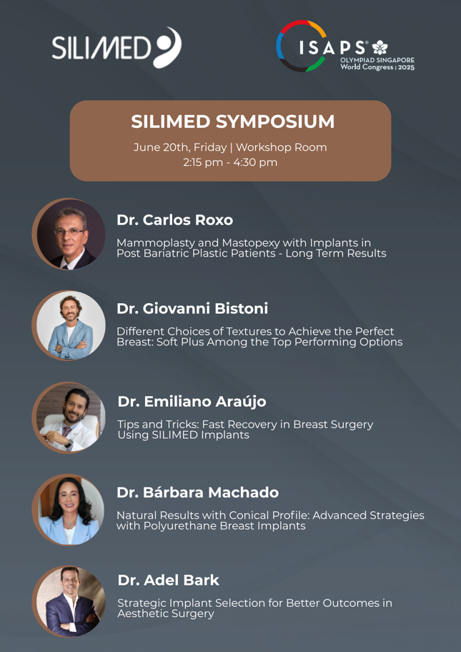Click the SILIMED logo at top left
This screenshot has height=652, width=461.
coord(117,48)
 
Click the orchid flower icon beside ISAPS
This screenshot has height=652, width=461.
coord(380,47)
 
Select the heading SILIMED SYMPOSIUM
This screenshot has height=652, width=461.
coord(233,122)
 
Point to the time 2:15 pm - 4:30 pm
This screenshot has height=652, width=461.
coord(230,162)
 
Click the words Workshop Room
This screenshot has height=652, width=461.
coord(281,147)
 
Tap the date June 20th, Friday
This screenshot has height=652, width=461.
coord(180,147)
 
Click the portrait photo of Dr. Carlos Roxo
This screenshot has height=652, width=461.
coord(69,234)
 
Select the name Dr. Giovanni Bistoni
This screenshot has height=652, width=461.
coord(192,309)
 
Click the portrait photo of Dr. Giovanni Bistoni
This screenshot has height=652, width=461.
coord(69,325)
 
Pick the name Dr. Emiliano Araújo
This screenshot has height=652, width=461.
coord(192,402)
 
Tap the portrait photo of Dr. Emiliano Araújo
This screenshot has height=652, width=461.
coord(69,418)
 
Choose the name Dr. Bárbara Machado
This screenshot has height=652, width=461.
coord(198,493)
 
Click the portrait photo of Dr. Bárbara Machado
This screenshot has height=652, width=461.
coord(69,509)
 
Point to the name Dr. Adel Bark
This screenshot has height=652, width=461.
coord(169,580)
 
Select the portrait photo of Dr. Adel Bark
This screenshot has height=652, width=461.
coord(69,601)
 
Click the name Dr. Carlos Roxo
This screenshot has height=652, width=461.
coord(174,220)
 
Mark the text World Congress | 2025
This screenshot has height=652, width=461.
coord(377,67)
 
